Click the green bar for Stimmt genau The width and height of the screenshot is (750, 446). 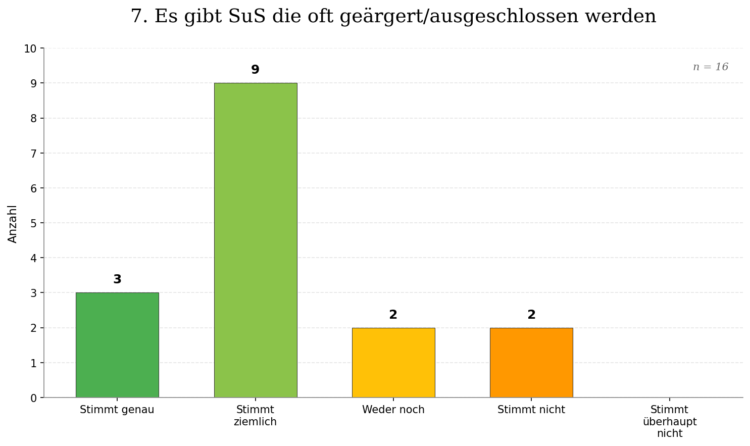pos(117,345)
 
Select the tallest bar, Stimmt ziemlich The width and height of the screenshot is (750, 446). pos(255,240)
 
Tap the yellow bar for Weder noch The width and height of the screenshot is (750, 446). pos(393,363)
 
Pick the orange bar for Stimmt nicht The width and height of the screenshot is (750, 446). pos(531,363)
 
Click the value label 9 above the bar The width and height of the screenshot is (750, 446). pos(255,70)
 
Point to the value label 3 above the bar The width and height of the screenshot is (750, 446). pos(117,279)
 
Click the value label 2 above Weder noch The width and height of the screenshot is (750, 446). pos(393,315)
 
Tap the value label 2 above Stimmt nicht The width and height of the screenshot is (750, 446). pos(531,315)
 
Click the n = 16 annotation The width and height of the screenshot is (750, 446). pos(710,67)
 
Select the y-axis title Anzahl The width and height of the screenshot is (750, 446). pos(13,223)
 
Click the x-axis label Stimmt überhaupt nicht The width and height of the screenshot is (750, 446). pos(669,421)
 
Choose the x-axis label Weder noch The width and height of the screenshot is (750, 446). pos(393,410)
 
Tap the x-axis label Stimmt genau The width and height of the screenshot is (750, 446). pos(117,410)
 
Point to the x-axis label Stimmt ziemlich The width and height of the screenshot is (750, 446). pos(255,416)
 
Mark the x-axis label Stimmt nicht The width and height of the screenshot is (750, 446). pos(531,410)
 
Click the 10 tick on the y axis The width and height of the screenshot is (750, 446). pos(30,49)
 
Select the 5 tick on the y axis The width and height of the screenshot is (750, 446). pos(33,223)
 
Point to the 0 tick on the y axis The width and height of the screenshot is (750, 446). pos(33,398)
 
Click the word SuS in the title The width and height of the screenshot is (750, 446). pos(247,16)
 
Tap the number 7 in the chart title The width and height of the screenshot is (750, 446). pos(135,16)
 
